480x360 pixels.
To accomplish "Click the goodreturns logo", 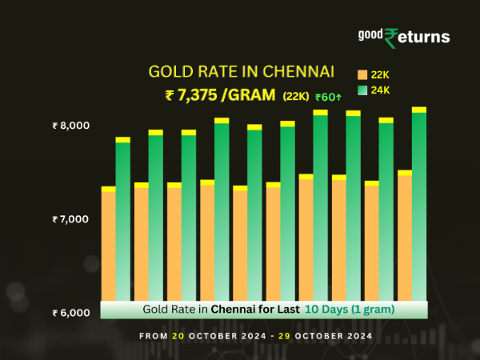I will (x=403, y=37).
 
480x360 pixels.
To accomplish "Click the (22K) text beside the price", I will (x=297, y=97).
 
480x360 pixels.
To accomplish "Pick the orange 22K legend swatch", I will (x=362, y=74).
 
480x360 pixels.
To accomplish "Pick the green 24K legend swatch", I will (x=362, y=90).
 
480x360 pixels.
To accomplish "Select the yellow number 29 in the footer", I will (x=284, y=336).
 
